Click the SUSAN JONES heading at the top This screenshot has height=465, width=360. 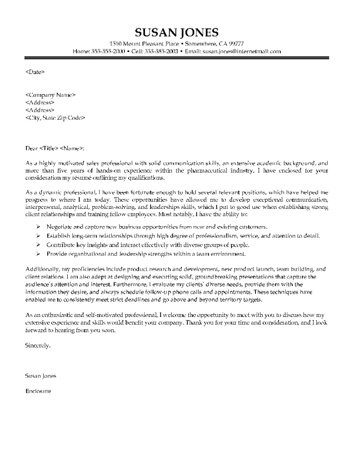click(x=177, y=32)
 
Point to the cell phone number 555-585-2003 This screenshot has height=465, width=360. click(x=161, y=51)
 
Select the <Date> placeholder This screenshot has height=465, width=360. click(x=35, y=72)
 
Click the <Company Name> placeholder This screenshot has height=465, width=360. click(x=50, y=95)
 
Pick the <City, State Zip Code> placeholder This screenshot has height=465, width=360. click(x=55, y=118)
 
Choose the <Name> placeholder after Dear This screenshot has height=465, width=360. click(x=72, y=148)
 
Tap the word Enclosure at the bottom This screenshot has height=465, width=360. click(x=38, y=390)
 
